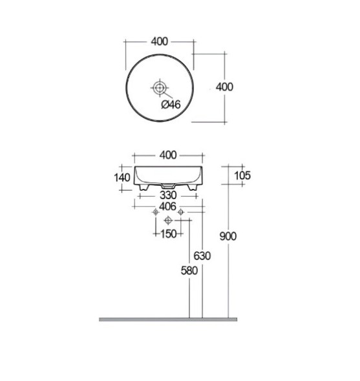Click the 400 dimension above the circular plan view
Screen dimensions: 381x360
click(x=159, y=41)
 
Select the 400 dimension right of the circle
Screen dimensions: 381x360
click(x=224, y=87)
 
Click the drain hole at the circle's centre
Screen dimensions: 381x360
click(x=159, y=86)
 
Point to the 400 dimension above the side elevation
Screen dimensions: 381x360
click(x=167, y=155)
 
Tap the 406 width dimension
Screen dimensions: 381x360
click(x=167, y=206)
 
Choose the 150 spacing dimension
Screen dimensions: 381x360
click(x=168, y=234)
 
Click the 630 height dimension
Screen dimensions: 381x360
click(x=202, y=256)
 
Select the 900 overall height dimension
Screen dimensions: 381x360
click(x=228, y=236)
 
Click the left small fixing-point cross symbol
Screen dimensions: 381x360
click(x=155, y=213)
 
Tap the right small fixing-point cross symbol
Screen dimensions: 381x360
click(x=182, y=213)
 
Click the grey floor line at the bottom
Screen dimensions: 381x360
click(x=168, y=319)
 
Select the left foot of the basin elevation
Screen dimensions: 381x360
click(x=143, y=188)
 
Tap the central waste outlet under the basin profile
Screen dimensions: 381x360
click(x=167, y=185)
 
